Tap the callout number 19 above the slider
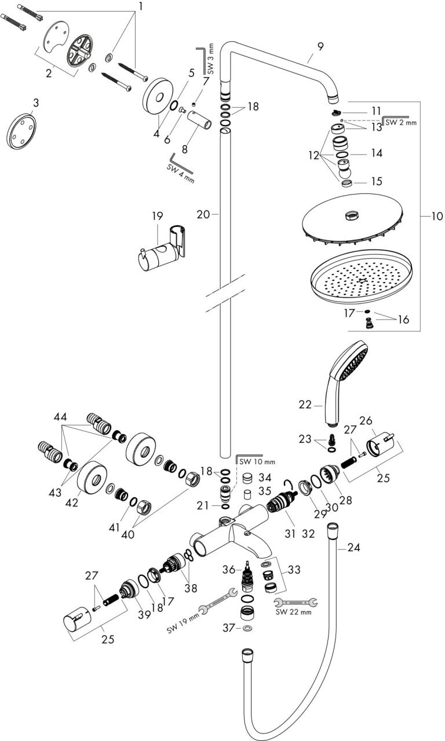[x=158, y=216]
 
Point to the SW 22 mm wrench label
[x=293, y=612]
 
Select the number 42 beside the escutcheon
[x=72, y=502]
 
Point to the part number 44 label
[x=60, y=416]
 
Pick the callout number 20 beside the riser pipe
[x=202, y=214]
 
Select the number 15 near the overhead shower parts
[x=377, y=181]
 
